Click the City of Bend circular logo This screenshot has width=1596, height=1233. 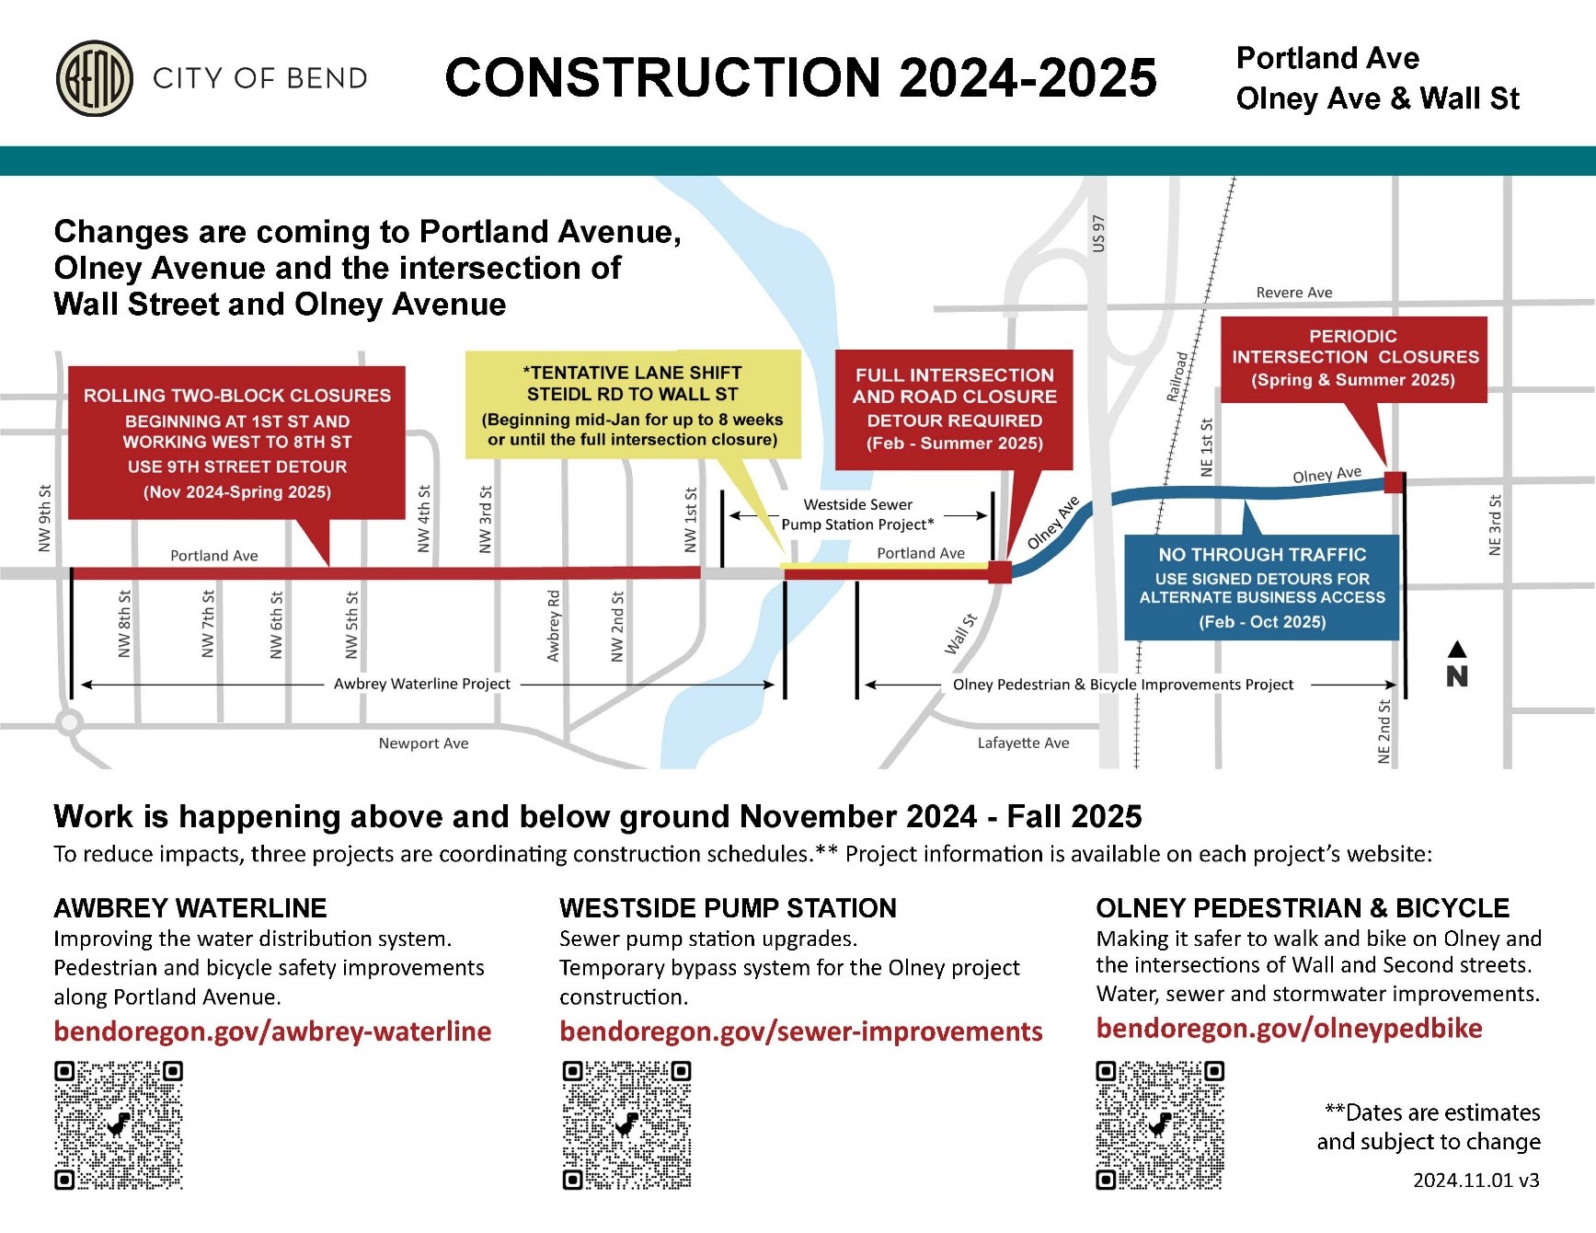[x=95, y=78]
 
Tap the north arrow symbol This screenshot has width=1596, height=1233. [x=1457, y=665]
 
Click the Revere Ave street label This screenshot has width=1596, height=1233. [x=1293, y=293]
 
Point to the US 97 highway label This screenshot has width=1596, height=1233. [x=1098, y=234]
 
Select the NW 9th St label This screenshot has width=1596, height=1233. [x=45, y=518]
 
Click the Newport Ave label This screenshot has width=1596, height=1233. [x=423, y=743]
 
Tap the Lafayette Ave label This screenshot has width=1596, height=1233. [x=1023, y=743]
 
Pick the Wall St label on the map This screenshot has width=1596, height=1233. [x=960, y=634]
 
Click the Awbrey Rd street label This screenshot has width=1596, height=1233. [x=553, y=626]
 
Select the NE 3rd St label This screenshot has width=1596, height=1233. [x=1495, y=524]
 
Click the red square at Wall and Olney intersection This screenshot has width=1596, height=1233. [x=1000, y=571]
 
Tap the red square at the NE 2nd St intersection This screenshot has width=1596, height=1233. [x=1395, y=481]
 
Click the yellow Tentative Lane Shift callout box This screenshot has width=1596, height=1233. [x=633, y=405]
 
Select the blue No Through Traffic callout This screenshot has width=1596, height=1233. [x=1261, y=587]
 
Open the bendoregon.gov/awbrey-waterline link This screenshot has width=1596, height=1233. [x=272, y=1031]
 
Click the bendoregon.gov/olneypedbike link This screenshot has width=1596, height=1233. [x=1289, y=1028]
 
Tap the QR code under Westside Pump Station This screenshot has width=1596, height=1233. [x=626, y=1124]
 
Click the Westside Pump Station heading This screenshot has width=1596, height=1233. [x=728, y=908]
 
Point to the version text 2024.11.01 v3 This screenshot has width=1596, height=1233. [x=1475, y=1180]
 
